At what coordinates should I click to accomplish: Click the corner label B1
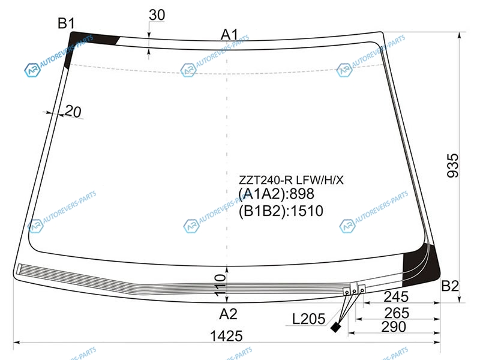[x=66, y=23]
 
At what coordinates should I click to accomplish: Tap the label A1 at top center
[x=229, y=35]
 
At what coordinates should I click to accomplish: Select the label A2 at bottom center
[x=229, y=314]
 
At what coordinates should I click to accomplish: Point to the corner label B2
[x=450, y=286]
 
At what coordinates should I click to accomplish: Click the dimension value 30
[x=157, y=14]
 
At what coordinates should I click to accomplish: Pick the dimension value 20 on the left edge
[x=73, y=112]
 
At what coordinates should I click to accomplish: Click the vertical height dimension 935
[x=453, y=166]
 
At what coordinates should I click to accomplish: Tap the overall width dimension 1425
[x=227, y=336]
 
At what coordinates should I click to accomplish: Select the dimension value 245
[x=396, y=296]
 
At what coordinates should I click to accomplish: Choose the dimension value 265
[x=397, y=313]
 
